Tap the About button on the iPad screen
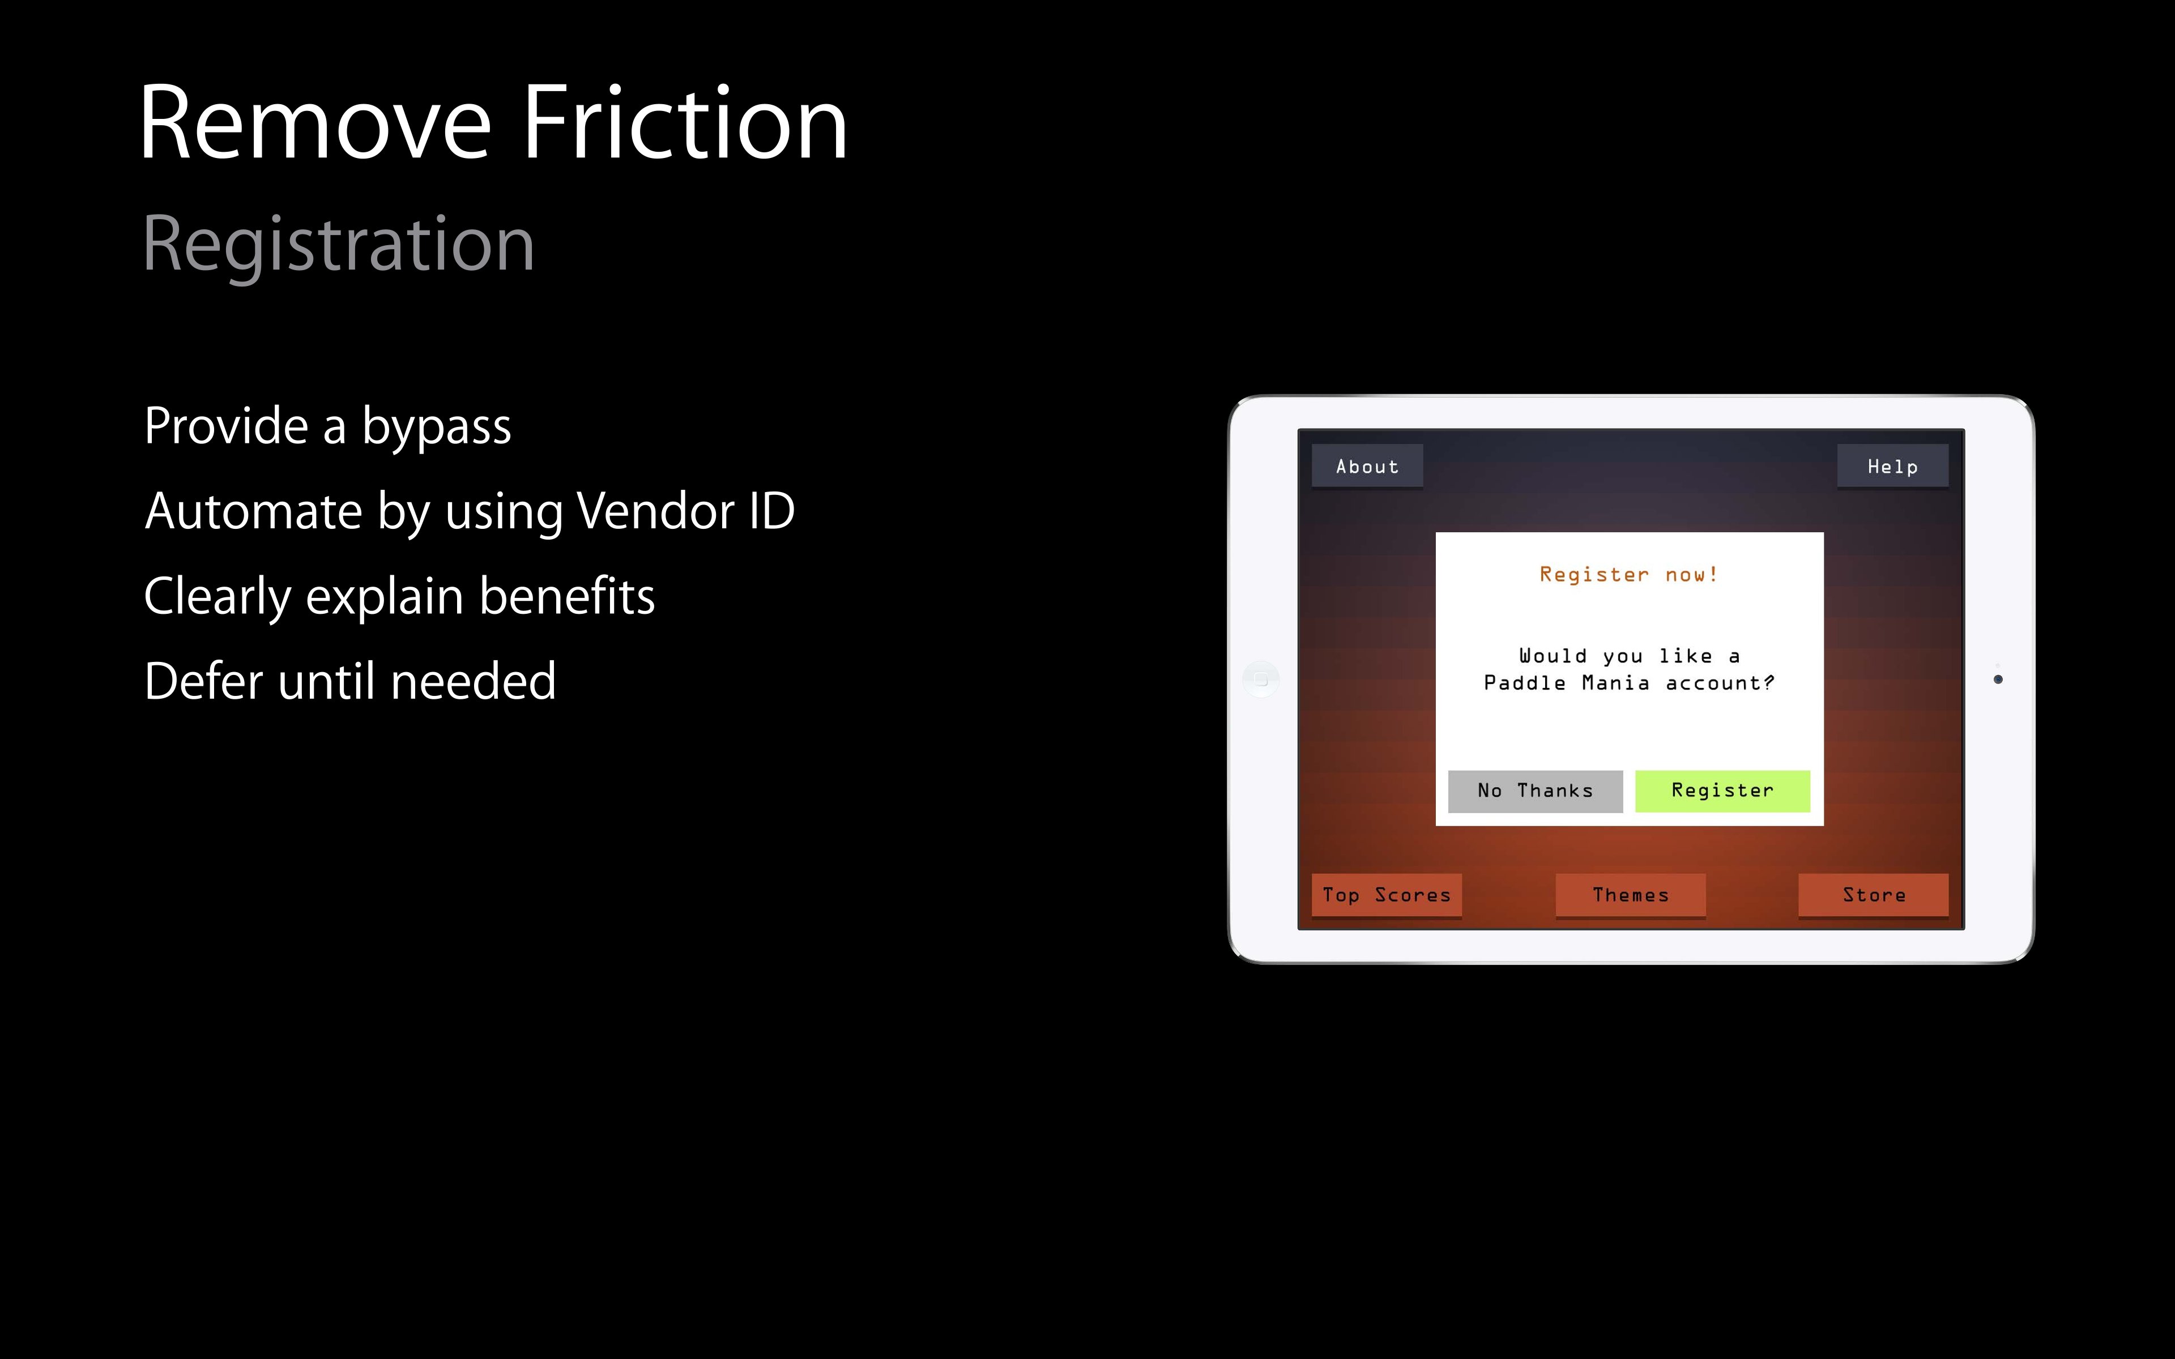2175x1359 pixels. (1367, 465)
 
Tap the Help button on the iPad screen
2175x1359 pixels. (1892, 465)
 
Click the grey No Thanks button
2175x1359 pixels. (1535, 791)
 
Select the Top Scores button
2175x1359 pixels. (1387, 895)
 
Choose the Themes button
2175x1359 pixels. (1630, 895)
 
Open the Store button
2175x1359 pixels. (1873, 895)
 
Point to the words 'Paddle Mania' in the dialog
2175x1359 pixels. (1567, 683)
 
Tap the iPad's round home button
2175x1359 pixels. (1261, 679)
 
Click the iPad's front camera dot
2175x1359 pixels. (1998, 679)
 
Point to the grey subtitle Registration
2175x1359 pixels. (339, 245)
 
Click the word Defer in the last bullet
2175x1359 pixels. (205, 681)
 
